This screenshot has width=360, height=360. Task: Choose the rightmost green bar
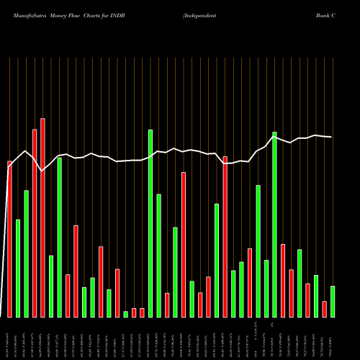click(x=333, y=302)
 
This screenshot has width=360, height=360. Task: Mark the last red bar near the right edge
click(x=325, y=309)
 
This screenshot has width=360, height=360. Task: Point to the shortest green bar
click(x=125, y=314)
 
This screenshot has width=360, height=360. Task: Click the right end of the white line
click(x=331, y=137)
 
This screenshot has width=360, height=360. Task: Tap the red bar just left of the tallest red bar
click(x=35, y=223)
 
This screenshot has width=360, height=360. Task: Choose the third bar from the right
click(x=316, y=296)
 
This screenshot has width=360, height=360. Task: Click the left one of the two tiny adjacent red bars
click(x=134, y=312)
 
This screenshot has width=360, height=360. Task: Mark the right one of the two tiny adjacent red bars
click(x=142, y=312)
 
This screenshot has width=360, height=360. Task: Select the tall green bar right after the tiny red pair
click(x=150, y=223)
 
